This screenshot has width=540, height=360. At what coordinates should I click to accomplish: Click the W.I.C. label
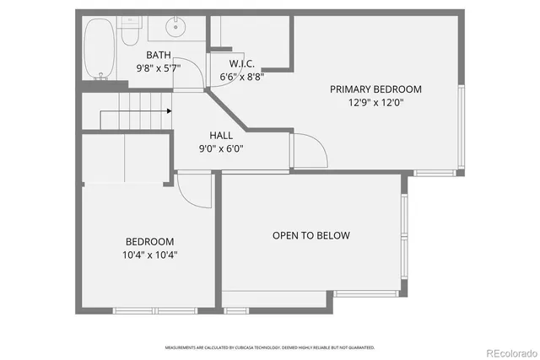point(242,64)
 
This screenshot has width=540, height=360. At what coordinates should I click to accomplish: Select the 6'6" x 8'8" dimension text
point(242,76)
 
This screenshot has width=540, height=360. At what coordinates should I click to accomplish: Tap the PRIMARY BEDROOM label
point(375,89)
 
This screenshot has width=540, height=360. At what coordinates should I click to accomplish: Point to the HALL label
point(222,135)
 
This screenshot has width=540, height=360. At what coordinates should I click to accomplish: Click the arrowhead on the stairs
point(169,110)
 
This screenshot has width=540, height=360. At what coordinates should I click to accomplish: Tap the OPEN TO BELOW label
point(310,235)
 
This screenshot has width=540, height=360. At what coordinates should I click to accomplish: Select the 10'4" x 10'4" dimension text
point(149,254)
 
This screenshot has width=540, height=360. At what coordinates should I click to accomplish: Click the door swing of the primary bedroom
point(310,152)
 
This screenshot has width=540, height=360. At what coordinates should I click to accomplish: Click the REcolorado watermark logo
point(508,352)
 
